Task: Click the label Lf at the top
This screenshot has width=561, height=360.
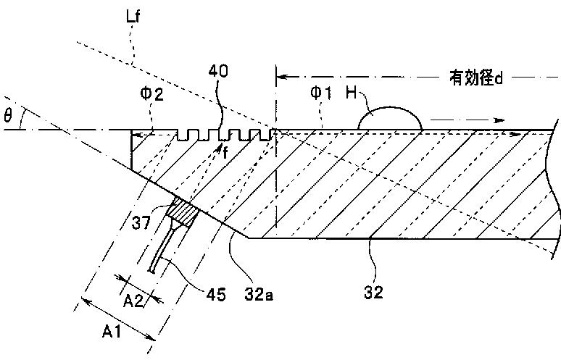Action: click(x=133, y=17)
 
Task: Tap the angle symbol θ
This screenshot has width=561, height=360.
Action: click(x=8, y=115)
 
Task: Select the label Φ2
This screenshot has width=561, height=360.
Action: click(x=151, y=93)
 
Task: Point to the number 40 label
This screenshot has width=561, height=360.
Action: click(x=218, y=71)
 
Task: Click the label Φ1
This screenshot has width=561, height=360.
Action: click(x=321, y=93)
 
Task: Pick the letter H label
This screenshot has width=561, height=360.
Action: click(x=352, y=93)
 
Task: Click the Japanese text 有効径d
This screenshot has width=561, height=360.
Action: click(x=476, y=78)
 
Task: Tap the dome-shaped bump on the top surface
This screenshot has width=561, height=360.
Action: click(x=390, y=117)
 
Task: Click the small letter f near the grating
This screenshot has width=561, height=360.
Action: click(x=225, y=153)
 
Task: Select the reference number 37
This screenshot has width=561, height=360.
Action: click(x=141, y=223)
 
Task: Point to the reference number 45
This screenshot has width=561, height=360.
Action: click(x=216, y=295)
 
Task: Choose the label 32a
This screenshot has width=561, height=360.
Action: click(x=259, y=294)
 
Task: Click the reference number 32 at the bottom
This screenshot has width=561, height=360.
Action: click(x=373, y=292)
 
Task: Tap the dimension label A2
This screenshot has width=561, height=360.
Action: click(x=133, y=301)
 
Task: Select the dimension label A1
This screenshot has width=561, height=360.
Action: click(x=112, y=332)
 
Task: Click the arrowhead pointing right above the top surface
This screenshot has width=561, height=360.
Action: click(x=499, y=120)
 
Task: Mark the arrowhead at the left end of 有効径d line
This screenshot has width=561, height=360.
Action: click(x=283, y=77)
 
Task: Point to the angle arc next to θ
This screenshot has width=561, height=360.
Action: click(x=22, y=118)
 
